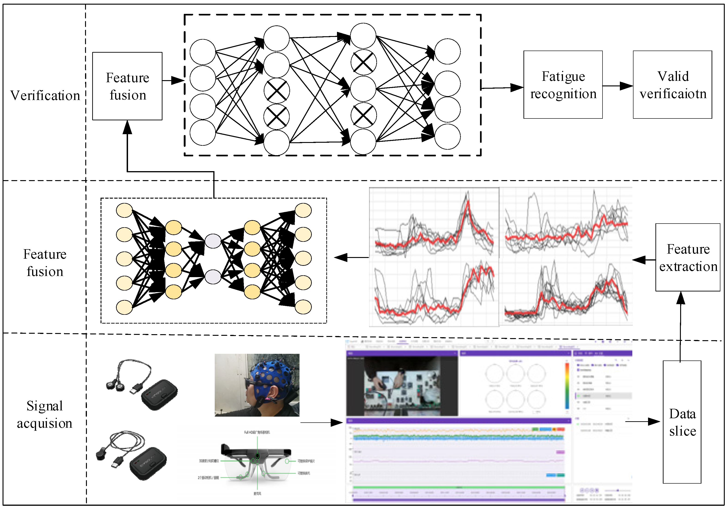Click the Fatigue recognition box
pyautogui.click(x=563, y=85)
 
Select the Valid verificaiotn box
pyautogui.click(x=672, y=85)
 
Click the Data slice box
pyautogui.click(x=682, y=422)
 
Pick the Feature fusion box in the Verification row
pyautogui.click(x=127, y=86)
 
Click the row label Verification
pyautogui.click(x=45, y=95)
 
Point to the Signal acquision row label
pyautogui.click(x=44, y=415)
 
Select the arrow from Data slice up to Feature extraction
pyautogui.click(x=680, y=327)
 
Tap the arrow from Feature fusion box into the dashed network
pyautogui.click(x=173, y=81)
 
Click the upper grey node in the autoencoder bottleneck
pyautogui.click(x=213, y=241)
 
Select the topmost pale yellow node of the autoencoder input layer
pyautogui.click(x=124, y=210)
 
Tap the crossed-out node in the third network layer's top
pyautogui.click(x=363, y=62)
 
